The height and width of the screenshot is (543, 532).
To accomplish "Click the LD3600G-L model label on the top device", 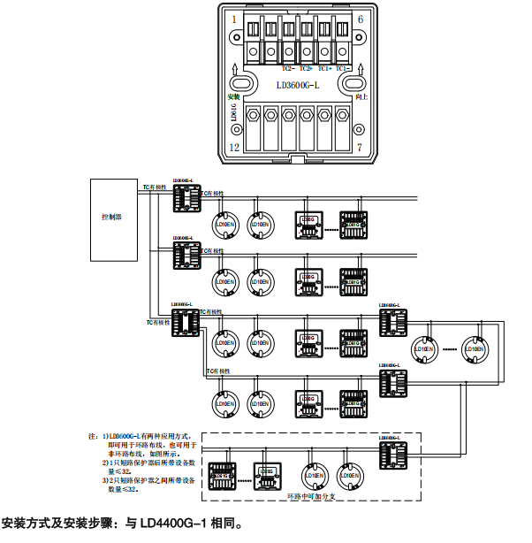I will coord(297,85).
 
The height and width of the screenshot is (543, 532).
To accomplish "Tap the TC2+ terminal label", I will coord(306,68).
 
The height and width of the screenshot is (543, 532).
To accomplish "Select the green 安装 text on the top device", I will coord(233,96).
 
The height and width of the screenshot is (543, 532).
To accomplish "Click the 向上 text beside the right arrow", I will coord(360,96).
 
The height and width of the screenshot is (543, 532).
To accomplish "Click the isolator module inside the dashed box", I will coord(392,456).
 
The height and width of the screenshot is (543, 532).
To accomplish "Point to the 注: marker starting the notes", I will coord(94,436).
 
